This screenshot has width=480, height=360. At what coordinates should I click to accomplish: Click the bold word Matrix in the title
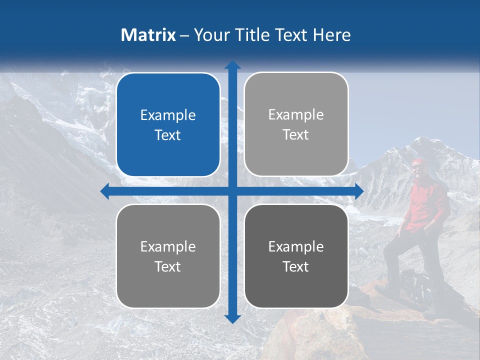[148, 35]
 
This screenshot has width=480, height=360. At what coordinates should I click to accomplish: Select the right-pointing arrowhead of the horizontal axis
[358, 191]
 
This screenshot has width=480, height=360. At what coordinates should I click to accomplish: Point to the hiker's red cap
[417, 162]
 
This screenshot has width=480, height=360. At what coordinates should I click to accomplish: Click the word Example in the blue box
[168, 115]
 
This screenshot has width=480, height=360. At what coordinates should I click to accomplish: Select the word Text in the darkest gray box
[296, 266]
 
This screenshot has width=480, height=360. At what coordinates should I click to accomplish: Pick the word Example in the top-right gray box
[296, 115]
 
